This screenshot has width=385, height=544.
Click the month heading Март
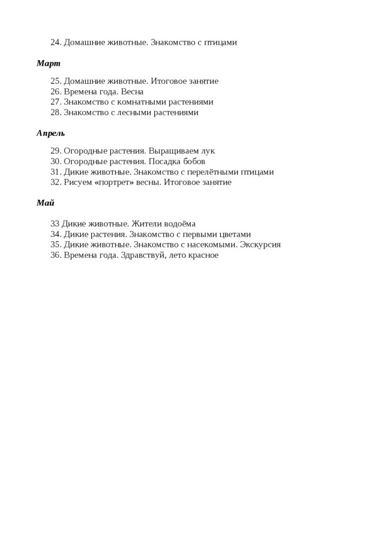click(48, 64)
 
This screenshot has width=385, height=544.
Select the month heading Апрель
click(51, 133)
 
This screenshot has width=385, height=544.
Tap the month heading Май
click(45, 203)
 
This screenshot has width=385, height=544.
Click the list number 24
click(55, 42)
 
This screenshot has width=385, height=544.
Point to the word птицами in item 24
click(221, 42)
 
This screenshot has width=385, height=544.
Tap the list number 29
click(55, 151)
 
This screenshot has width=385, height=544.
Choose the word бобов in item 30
click(194, 161)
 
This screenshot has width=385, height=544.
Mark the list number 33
click(54, 224)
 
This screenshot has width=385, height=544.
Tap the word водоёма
click(181, 224)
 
